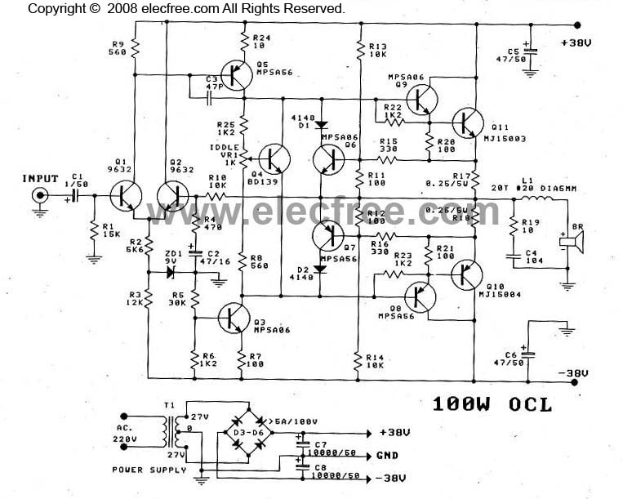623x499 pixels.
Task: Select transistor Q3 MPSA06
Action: pyautogui.click(x=235, y=318)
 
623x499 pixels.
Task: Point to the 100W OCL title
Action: pyautogui.click(x=492, y=403)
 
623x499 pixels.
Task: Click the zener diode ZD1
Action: pyautogui.click(x=171, y=251)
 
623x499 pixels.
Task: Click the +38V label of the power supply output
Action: pyautogui.click(x=397, y=433)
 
